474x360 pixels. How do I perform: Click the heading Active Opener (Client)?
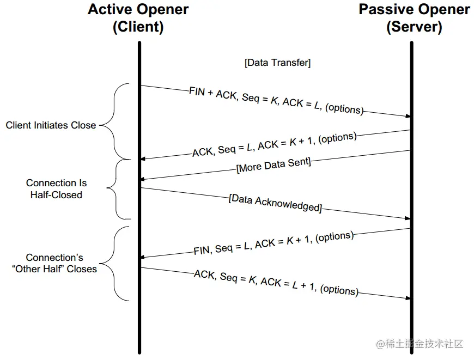[x=138, y=18]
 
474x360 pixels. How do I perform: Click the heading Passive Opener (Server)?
[x=414, y=18]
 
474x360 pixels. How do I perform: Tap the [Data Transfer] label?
[x=278, y=63]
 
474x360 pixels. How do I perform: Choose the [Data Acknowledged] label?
[x=275, y=203]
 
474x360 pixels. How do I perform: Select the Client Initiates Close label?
[x=51, y=125]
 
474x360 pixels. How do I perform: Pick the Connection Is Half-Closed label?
[x=56, y=189]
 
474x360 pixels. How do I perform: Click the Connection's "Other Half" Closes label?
[x=54, y=263]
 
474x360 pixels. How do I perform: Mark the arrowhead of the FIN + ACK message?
[x=407, y=116]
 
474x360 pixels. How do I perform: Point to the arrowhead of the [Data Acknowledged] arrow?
[x=407, y=218]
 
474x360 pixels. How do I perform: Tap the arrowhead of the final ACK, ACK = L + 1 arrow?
[x=407, y=298]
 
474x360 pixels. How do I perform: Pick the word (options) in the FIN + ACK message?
[x=344, y=108]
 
